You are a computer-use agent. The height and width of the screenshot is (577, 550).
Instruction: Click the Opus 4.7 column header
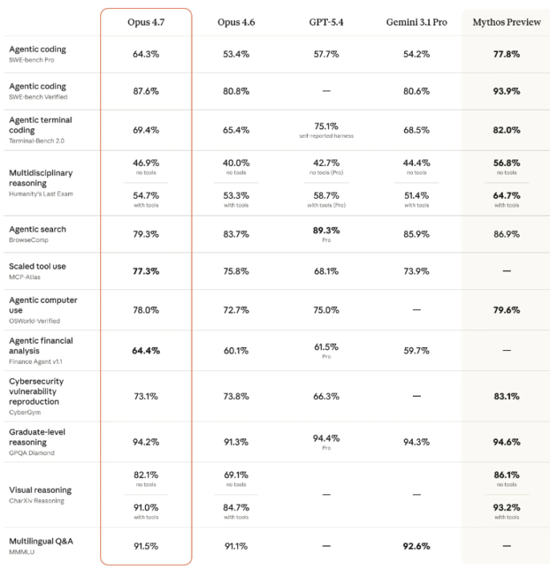(146, 22)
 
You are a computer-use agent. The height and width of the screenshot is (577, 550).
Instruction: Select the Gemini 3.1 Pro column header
(416, 22)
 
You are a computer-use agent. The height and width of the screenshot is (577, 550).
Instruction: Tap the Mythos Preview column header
(507, 22)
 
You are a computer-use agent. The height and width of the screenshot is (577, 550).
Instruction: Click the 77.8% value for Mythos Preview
(507, 54)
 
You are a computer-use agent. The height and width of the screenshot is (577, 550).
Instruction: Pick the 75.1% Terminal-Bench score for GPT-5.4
(326, 127)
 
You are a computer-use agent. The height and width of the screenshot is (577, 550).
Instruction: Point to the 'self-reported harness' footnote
(326, 136)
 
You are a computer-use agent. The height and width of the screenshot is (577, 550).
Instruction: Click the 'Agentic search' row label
(38, 229)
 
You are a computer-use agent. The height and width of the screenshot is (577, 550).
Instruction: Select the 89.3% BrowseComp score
(326, 230)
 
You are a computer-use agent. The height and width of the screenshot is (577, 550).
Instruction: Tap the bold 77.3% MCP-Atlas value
(146, 272)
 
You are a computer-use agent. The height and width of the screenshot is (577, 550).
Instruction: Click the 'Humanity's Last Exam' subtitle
(41, 194)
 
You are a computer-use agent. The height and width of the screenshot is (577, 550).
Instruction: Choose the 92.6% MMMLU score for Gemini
(416, 546)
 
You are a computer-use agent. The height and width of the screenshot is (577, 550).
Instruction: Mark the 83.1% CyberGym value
(507, 397)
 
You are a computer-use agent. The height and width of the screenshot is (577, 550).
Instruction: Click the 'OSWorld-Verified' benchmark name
(34, 321)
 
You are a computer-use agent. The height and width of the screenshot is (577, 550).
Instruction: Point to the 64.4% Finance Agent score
(146, 351)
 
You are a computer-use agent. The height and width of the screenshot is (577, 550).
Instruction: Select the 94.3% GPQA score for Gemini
(416, 442)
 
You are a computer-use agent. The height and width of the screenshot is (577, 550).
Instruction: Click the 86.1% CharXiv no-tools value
(507, 475)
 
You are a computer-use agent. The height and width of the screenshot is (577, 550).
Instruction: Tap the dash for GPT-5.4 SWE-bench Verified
(326, 91)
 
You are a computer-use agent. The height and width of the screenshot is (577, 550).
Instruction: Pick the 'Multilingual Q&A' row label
(41, 541)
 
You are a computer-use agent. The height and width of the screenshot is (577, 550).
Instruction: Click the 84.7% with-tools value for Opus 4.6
(236, 508)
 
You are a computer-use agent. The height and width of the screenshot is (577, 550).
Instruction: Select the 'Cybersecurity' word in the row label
(36, 381)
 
